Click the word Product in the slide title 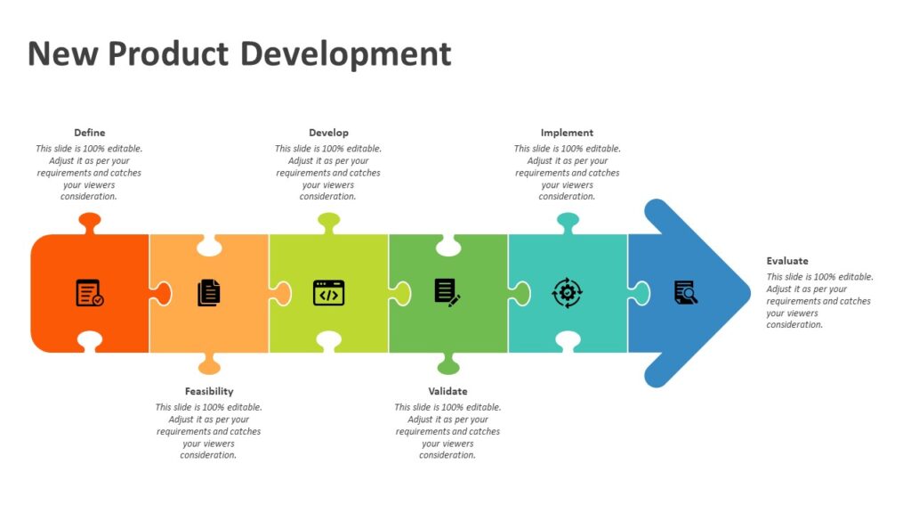169,53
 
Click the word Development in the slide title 346,55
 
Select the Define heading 89,133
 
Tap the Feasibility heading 209,391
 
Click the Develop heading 328,133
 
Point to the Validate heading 447,391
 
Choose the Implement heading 567,133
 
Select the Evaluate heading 787,261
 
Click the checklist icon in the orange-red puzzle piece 89,293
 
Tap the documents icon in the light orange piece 209,293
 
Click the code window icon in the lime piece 328,293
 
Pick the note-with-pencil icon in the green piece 447,292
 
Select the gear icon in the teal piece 567,293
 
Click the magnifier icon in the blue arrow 686,292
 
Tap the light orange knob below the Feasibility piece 209,364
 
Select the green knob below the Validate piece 447,364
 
